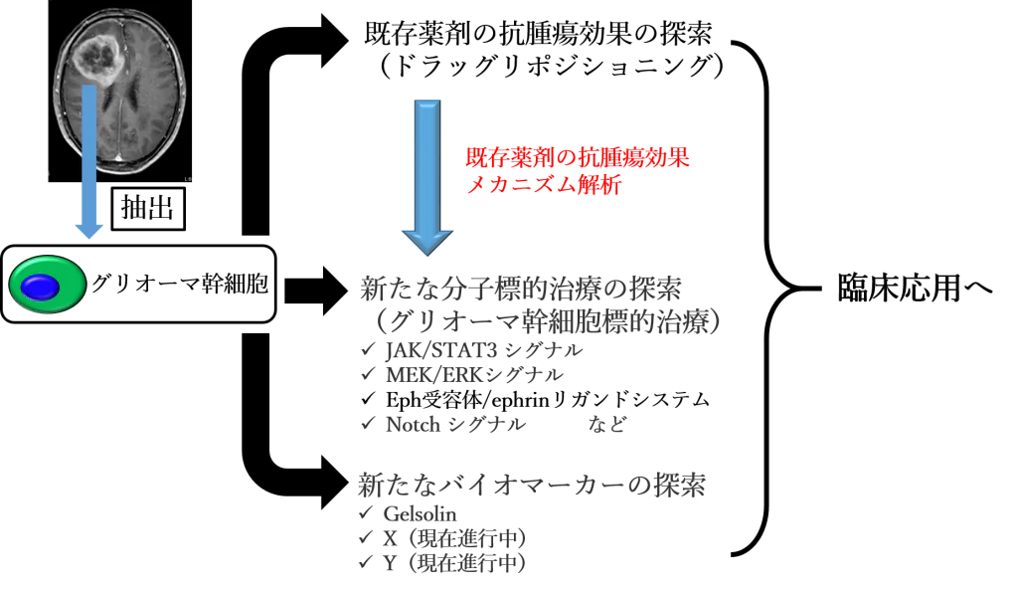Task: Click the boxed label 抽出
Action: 148,209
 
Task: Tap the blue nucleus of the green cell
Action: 40,287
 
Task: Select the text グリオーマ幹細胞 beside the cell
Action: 180,285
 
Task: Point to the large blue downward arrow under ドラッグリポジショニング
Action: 427,177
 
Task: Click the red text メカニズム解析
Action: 544,185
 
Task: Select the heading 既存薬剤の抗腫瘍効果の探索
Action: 538,33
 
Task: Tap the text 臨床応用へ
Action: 915,287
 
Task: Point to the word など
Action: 607,425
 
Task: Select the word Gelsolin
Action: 421,514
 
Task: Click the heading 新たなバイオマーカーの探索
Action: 532,485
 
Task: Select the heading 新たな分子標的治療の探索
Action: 521,289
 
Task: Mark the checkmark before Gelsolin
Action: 367,513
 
